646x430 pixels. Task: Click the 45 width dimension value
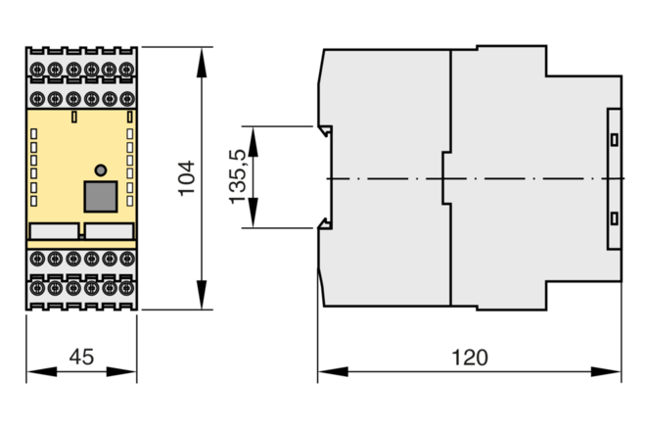[x=81, y=358]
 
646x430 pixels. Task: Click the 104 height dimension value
[x=187, y=178]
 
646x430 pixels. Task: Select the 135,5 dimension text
[x=238, y=176]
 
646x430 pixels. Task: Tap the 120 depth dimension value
[x=470, y=358]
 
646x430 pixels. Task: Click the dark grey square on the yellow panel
[x=101, y=197]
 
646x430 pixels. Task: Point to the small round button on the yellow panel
[x=101, y=169]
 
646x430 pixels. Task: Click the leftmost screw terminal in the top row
[x=37, y=69]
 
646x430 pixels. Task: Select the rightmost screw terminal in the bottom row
[x=127, y=288]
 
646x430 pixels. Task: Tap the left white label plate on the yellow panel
[x=55, y=231]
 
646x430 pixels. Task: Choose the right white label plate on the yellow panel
[x=110, y=231]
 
